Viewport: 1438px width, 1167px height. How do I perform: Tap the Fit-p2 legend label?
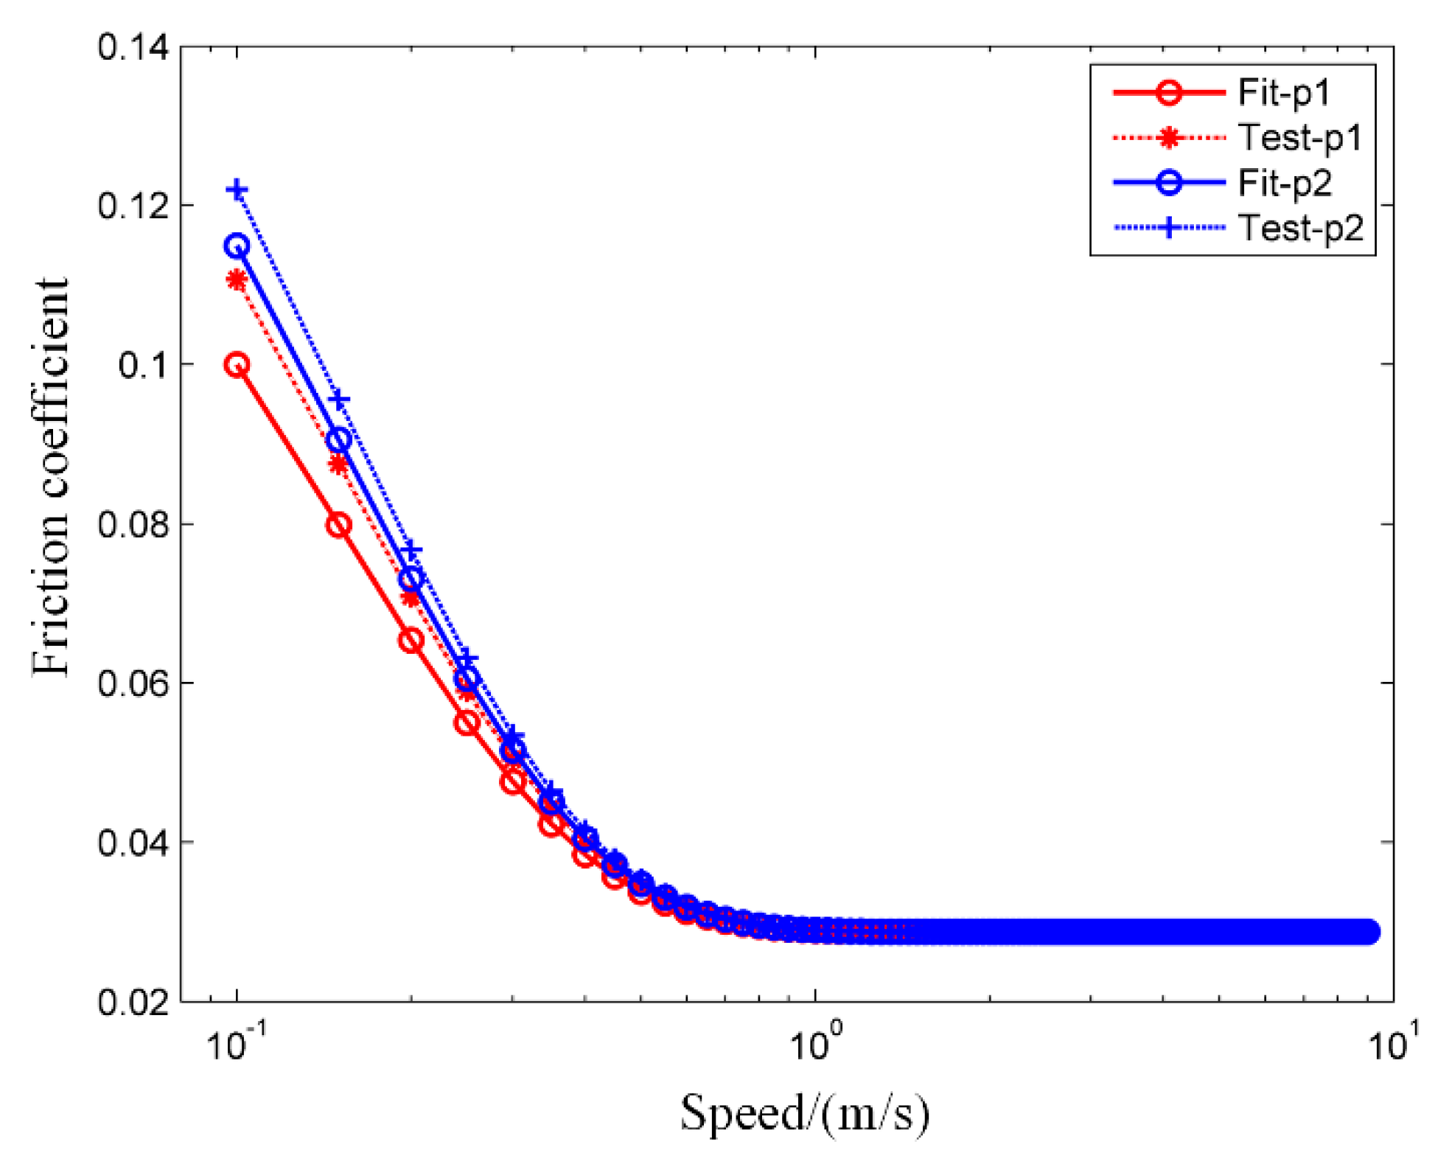(1284, 183)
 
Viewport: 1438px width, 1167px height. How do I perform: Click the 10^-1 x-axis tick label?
(236, 1042)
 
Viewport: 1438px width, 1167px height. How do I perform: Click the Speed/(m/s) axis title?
(804, 1113)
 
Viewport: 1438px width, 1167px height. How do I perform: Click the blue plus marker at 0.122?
(237, 190)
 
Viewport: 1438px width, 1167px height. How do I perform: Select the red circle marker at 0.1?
(237, 365)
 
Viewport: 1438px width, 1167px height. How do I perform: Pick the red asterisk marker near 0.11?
(237, 280)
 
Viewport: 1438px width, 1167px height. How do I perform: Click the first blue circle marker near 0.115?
(237, 246)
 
